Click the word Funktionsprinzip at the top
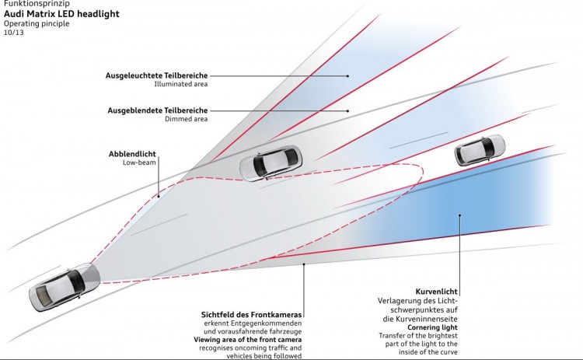pyautogui.click(x=37, y=4)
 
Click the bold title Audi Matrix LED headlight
pyautogui.click(x=62, y=14)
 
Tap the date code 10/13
pyautogui.click(x=15, y=33)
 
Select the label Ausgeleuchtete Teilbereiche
pyautogui.click(x=157, y=75)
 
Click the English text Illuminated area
pyautogui.click(x=181, y=84)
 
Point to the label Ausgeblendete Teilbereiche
pyautogui.click(x=158, y=110)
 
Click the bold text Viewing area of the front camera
pyautogui.click(x=247, y=340)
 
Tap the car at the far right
pyautogui.click(x=480, y=150)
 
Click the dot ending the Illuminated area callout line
pyautogui.click(x=347, y=76)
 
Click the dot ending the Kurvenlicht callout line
pyautogui.click(x=460, y=215)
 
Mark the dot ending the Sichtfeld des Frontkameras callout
pyautogui.click(x=304, y=264)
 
